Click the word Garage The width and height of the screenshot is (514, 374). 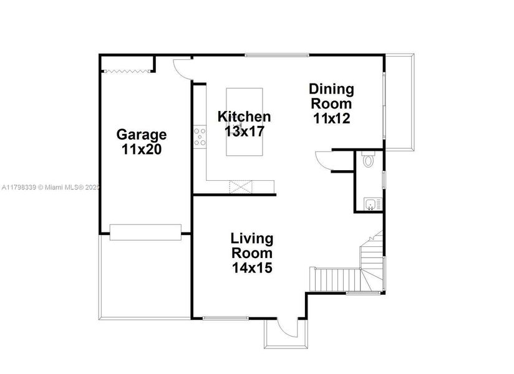click(142, 135)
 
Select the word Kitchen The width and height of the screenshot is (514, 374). click(244, 117)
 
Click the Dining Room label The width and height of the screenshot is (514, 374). click(331, 97)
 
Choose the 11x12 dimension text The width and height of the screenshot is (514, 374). click(331, 118)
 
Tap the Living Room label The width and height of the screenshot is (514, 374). click(252, 246)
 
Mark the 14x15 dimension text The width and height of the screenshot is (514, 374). click(252, 268)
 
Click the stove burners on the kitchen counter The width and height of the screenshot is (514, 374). click(200, 137)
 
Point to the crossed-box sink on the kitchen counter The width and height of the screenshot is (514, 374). click(239, 186)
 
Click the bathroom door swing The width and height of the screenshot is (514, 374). click(326, 160)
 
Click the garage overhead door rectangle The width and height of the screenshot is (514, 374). click(145, 232)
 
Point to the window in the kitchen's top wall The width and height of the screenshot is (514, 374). click(276, 55)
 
